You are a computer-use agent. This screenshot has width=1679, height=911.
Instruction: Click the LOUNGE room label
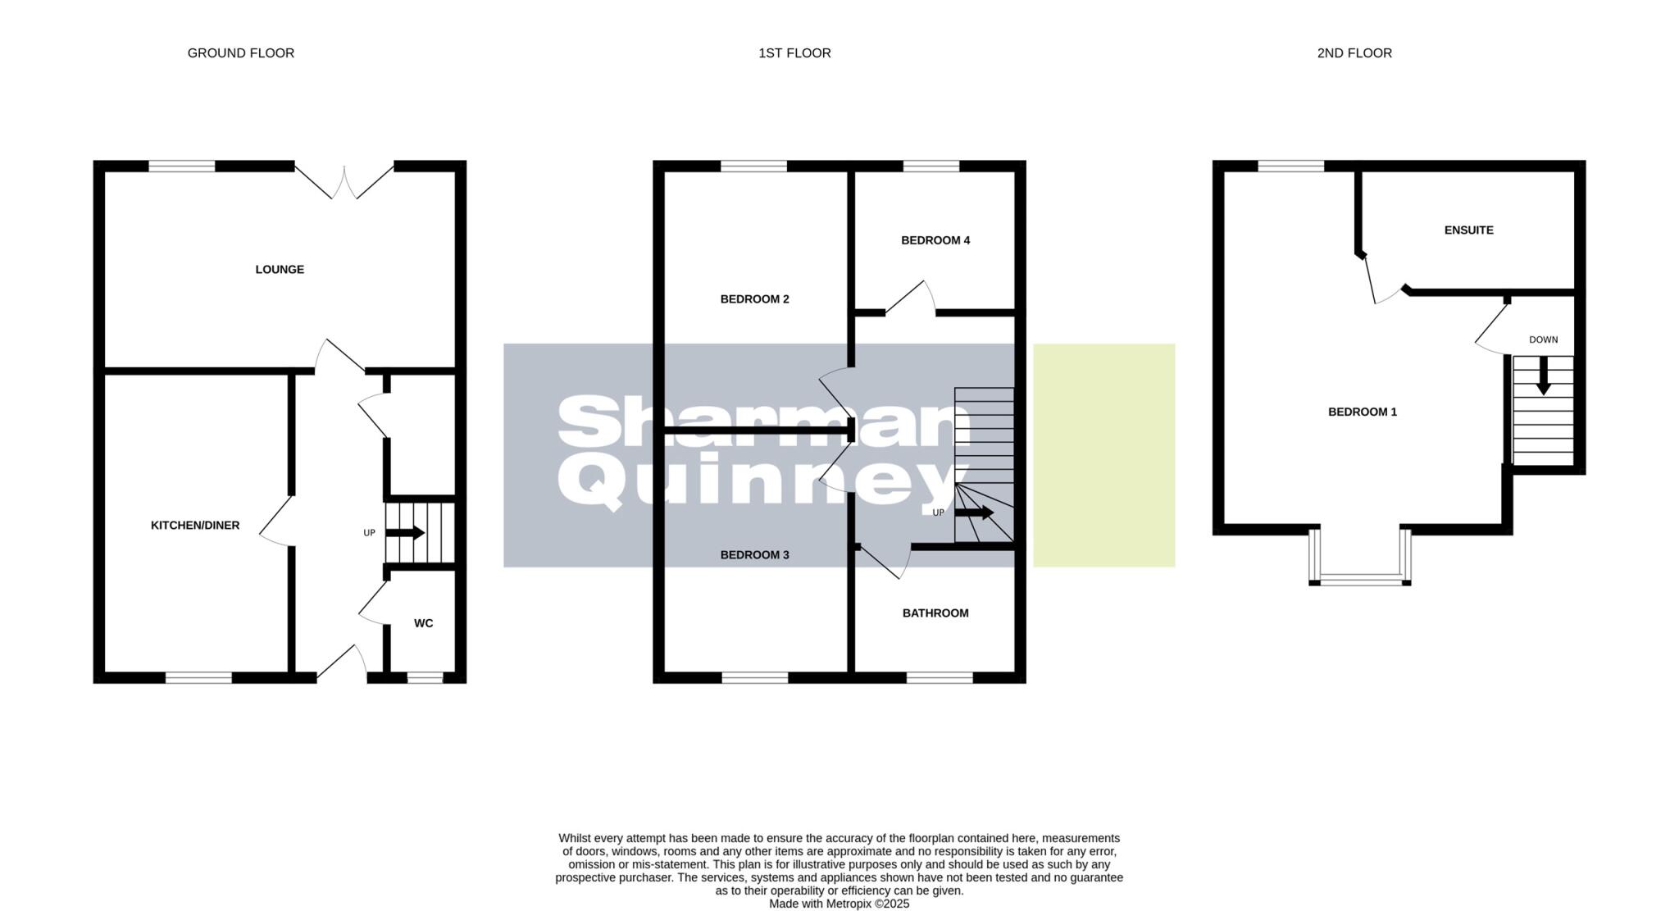coord(280,270)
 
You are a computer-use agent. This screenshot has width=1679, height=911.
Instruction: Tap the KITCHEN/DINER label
coord(195,526)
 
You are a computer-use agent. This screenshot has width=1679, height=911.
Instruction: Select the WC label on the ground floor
coord(423,623)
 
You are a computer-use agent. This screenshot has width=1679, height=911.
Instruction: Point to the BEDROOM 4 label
coord(935,240)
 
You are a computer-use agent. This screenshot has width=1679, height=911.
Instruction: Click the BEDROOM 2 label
coord(754,299)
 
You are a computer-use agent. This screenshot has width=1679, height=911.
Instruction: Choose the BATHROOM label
coord(935,613)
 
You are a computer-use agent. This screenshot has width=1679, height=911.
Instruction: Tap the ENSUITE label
coord(1468,230)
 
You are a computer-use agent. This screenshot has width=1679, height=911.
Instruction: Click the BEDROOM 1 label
coord(1363,412)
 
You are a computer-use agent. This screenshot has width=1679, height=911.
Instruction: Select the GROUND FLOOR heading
coord(241,53)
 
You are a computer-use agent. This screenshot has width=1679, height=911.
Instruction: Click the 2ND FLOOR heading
coord(1354,53)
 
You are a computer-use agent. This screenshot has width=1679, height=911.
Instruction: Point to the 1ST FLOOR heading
coord(794,53)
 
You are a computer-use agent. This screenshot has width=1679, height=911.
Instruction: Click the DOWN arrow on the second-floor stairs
coord(1543,377)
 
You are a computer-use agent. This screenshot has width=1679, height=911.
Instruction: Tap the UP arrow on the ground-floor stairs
coord(405,533)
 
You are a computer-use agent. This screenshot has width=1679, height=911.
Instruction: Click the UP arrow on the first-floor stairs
coord(974,513)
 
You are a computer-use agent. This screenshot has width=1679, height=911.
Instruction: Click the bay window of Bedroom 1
coord(1360,578)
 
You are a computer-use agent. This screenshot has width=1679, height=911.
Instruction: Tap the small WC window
coord(425,678)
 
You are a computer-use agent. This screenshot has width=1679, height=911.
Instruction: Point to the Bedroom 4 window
coord(931,166)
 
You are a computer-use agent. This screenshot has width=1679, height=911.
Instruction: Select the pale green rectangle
coord(1103,455)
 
